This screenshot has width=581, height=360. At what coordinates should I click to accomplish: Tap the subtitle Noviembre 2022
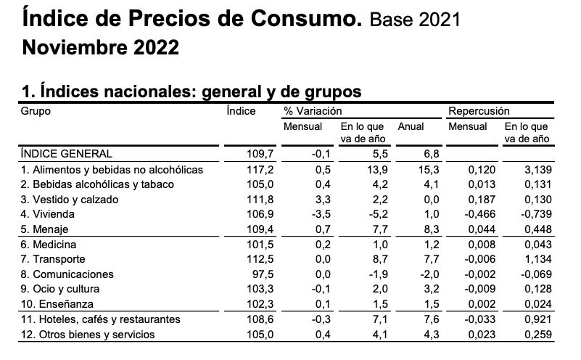[x=101, y=48]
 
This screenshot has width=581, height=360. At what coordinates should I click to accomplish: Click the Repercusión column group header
[x=479, y=111]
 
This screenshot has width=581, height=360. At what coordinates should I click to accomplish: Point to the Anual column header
[x=411, y=126]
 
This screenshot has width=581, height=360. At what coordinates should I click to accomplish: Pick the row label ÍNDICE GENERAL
[x=67, y=154]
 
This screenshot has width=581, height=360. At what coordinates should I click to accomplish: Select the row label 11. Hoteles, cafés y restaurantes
[x=101, y=319]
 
